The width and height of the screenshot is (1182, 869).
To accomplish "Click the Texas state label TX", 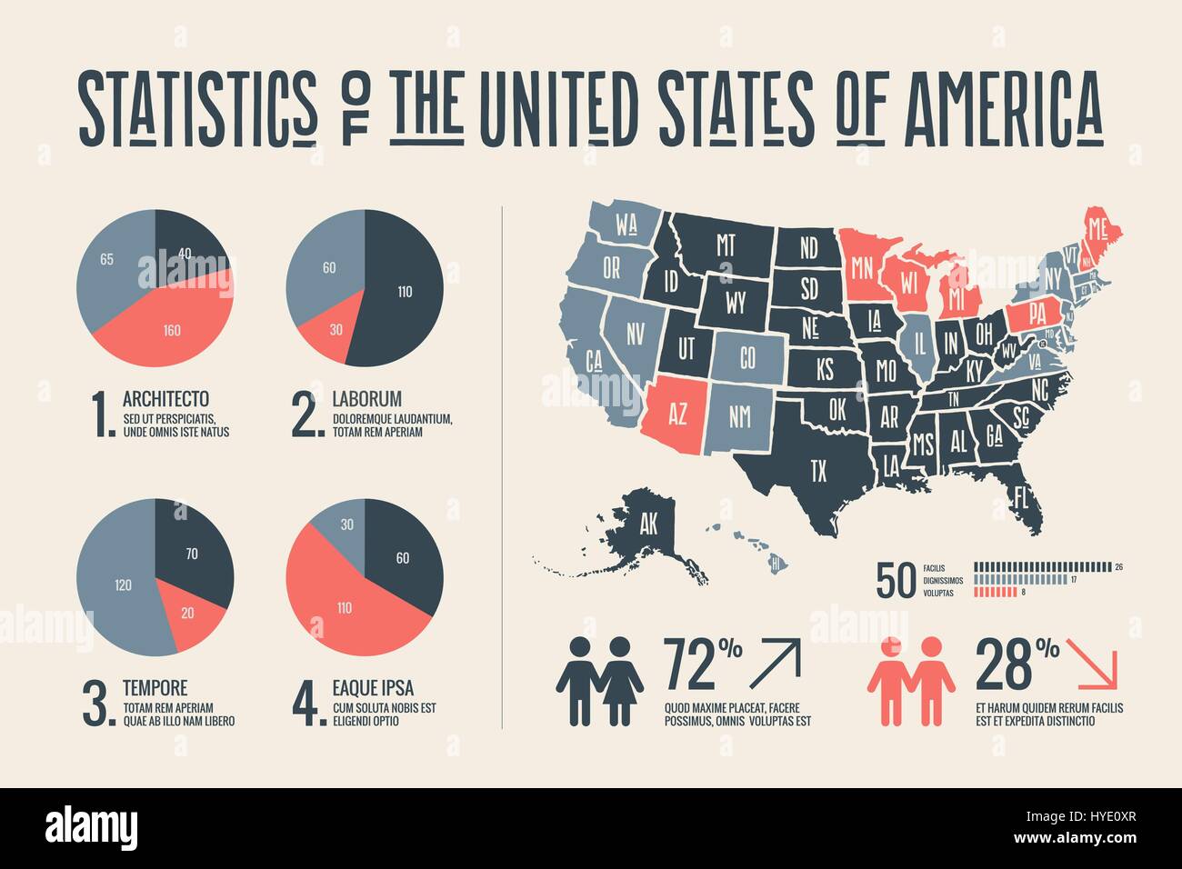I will tap(818, 470).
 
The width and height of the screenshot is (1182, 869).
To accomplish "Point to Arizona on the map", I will tap(677, 414).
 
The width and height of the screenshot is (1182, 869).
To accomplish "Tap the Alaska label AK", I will tap(648, 524).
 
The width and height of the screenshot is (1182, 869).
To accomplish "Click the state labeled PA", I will tap(1039, 314).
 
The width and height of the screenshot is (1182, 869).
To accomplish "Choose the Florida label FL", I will tap(1021, 497).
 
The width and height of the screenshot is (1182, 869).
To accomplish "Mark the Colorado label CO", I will tap(746, 358).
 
